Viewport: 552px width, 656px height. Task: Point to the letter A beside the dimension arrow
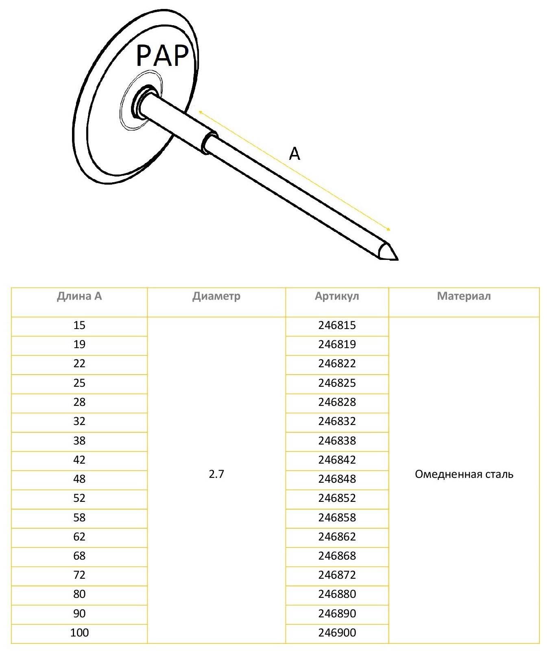click(294, 154)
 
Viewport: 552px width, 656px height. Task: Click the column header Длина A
click(79, 296)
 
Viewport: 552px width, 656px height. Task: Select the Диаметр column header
click(216, 296)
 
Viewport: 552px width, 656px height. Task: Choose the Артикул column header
click(337, 296)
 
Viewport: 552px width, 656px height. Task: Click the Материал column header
click(464, 296)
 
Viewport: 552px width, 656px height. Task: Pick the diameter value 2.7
click(216, 474)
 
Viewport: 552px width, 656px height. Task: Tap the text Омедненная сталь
click(464, 474)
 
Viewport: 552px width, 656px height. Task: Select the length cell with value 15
click(79, 325)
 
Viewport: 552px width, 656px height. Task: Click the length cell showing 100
click(79, 633)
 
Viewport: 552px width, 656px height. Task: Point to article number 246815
click(337, 325)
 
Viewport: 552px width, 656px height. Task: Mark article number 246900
click(337, 633)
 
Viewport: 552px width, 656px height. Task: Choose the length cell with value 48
click(79, 479)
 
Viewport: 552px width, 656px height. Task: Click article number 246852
click(337, 498)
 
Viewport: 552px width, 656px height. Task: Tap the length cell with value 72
click(79, 575)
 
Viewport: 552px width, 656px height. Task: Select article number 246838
click(337, 440)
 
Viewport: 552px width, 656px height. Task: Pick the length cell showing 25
click(79, 383)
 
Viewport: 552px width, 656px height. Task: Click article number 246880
click(337, 594)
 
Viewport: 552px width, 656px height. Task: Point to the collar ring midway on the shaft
click(208, 142)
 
